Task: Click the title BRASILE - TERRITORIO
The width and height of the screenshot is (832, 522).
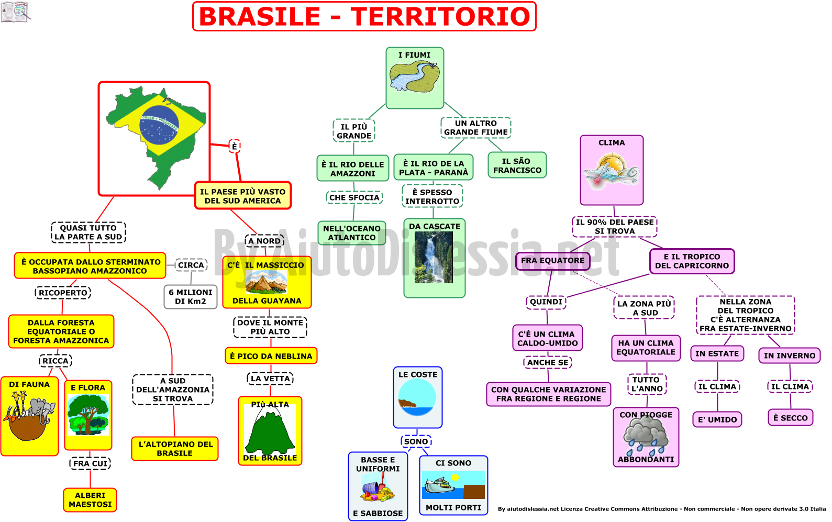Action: (364, 16)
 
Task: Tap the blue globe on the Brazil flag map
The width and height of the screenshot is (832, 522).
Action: (159, 125)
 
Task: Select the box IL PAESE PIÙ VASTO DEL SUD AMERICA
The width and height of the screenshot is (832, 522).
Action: (243, 196)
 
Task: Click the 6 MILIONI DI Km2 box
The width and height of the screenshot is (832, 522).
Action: (191, 297)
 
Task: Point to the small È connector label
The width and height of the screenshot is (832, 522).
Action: (235, 147)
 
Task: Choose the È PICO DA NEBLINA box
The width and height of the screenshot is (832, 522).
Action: (271, 356)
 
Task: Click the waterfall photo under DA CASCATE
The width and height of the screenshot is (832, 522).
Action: (434, 257)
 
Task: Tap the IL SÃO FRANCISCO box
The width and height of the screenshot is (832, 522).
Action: (517, 165)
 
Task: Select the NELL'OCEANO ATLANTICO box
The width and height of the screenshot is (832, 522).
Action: (352, 233)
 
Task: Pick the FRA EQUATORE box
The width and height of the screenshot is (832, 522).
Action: (552, 260)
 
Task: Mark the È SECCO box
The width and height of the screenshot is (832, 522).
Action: (791, 418)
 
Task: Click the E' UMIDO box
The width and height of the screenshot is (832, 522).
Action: (717, 420)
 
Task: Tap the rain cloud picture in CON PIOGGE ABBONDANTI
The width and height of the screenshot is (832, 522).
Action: (646, 436)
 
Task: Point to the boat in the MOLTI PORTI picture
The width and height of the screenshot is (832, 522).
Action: (440, 485)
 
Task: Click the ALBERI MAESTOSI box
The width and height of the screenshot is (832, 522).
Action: (90, 500)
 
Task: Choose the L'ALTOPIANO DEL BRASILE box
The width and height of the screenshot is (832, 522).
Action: (174, 449)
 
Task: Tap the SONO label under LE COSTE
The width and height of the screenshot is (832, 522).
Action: (416, 441)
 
